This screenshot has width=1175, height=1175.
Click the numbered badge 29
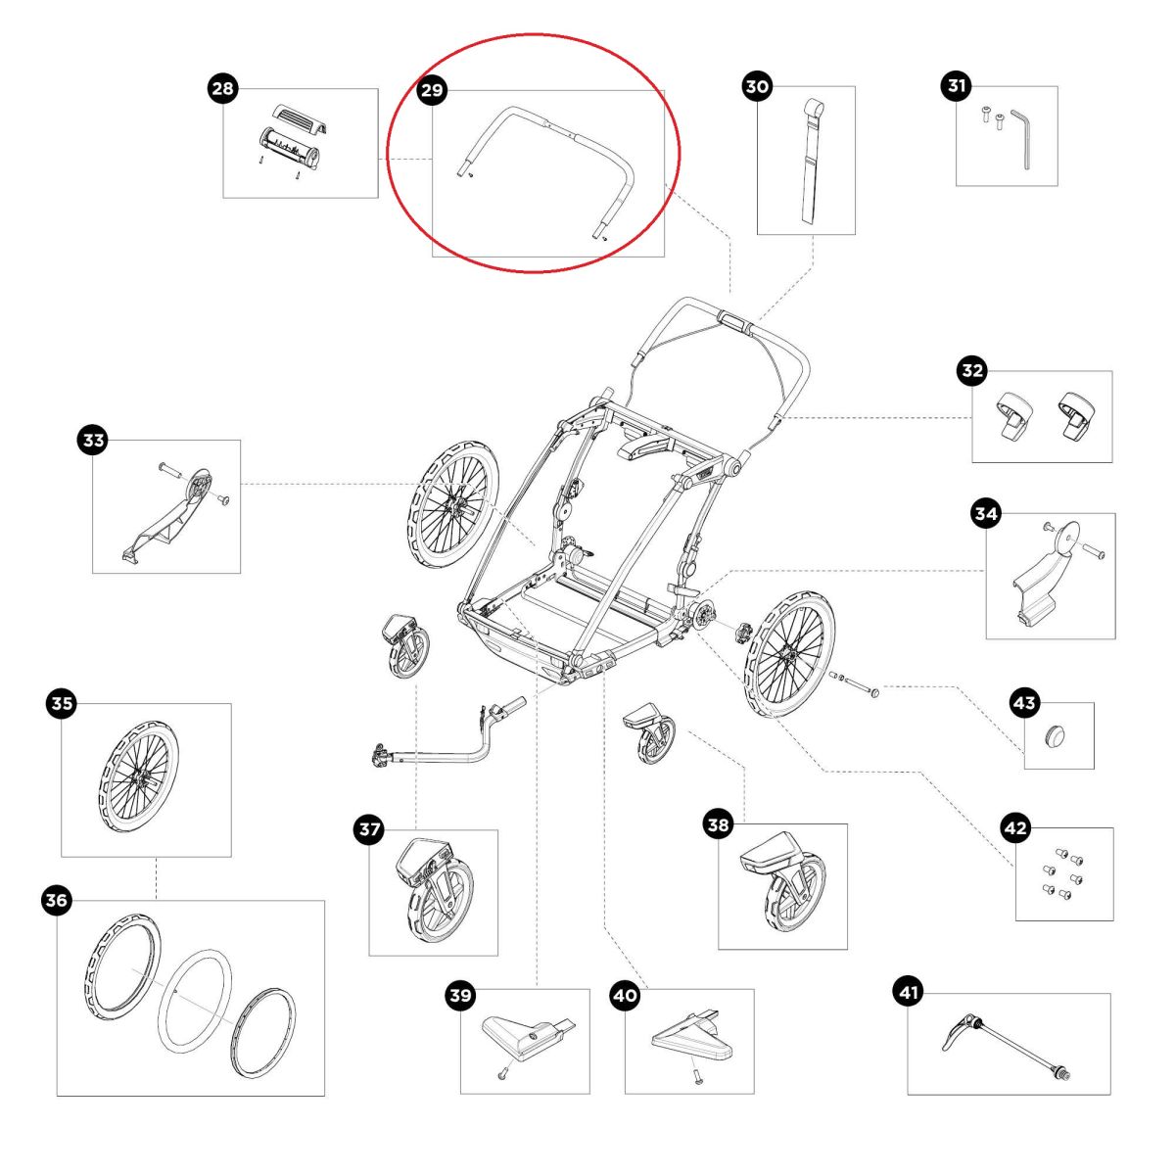[x=432, y=90]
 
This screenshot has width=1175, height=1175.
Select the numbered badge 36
[x=58, y=900]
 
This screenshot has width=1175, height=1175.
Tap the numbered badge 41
[x=909, y=993]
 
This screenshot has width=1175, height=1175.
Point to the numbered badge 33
[x=93, y=441]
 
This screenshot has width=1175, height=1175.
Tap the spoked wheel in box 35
[x=139, y=778]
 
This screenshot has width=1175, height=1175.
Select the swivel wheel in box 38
[x=783, y=881]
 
